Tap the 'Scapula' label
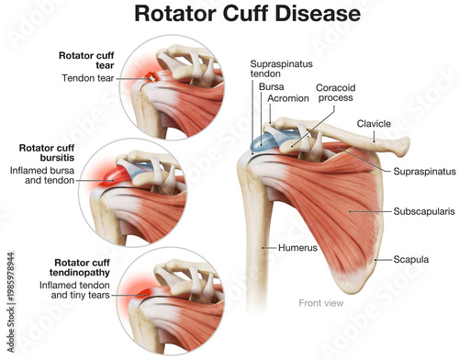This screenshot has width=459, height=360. tap(411, 260)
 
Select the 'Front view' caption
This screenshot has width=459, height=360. tap(321, 302)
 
